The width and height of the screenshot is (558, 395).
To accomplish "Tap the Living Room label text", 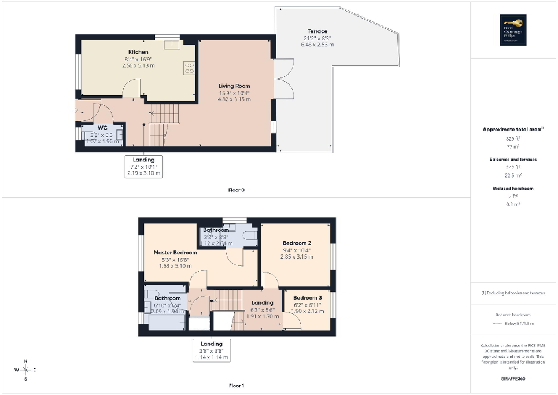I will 234,86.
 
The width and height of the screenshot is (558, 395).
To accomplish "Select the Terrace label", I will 317,31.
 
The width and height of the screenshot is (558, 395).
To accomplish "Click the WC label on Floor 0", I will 102,127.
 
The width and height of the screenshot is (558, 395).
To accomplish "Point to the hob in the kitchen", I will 189,68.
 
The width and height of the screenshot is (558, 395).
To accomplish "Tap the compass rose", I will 26,370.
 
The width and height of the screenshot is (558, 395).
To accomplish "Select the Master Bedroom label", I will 175,253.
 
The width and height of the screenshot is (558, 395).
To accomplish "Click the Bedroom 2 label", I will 297,243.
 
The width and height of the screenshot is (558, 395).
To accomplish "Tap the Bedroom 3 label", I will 307,297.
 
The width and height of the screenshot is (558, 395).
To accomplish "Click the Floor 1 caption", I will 236,385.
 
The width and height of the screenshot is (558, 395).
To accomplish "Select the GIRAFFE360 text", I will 513,379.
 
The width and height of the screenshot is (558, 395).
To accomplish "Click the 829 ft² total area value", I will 513,139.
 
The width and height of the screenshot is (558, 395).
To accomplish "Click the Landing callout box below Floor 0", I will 144,166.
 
